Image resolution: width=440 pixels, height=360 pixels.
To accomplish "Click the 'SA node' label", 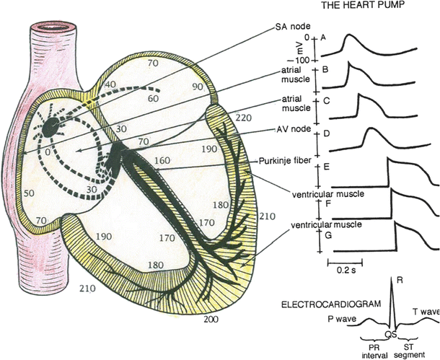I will pyautogui.click(x=291, y=27).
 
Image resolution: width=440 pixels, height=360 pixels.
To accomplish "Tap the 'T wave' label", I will pyautogui.click(x=426, y=311).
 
